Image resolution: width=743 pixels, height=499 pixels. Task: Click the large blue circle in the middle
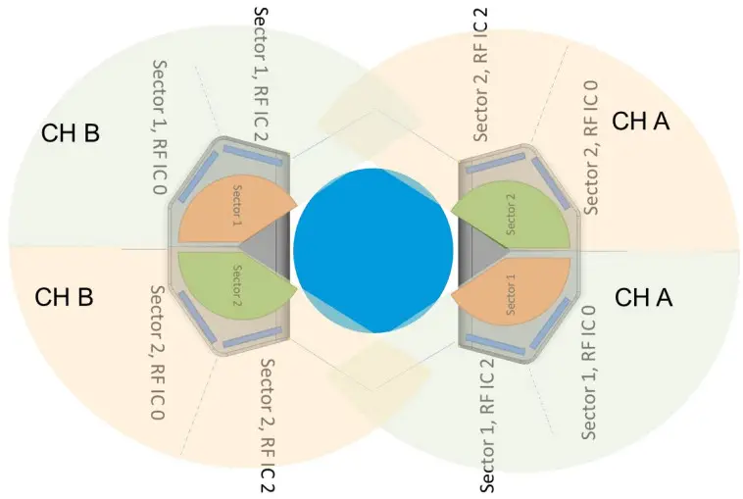372,250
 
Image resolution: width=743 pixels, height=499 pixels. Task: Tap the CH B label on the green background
71,132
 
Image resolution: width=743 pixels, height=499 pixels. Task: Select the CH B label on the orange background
64,296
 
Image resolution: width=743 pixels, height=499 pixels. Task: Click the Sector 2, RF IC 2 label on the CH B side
267,424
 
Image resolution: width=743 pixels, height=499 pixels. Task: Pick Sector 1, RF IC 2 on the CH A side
487,424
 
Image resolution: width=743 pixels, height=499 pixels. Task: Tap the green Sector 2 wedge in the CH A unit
515,217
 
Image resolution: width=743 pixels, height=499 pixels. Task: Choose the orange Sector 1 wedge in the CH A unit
516,287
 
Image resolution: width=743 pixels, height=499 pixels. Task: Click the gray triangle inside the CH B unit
267,249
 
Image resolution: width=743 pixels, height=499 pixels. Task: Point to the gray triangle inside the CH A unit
477,250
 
